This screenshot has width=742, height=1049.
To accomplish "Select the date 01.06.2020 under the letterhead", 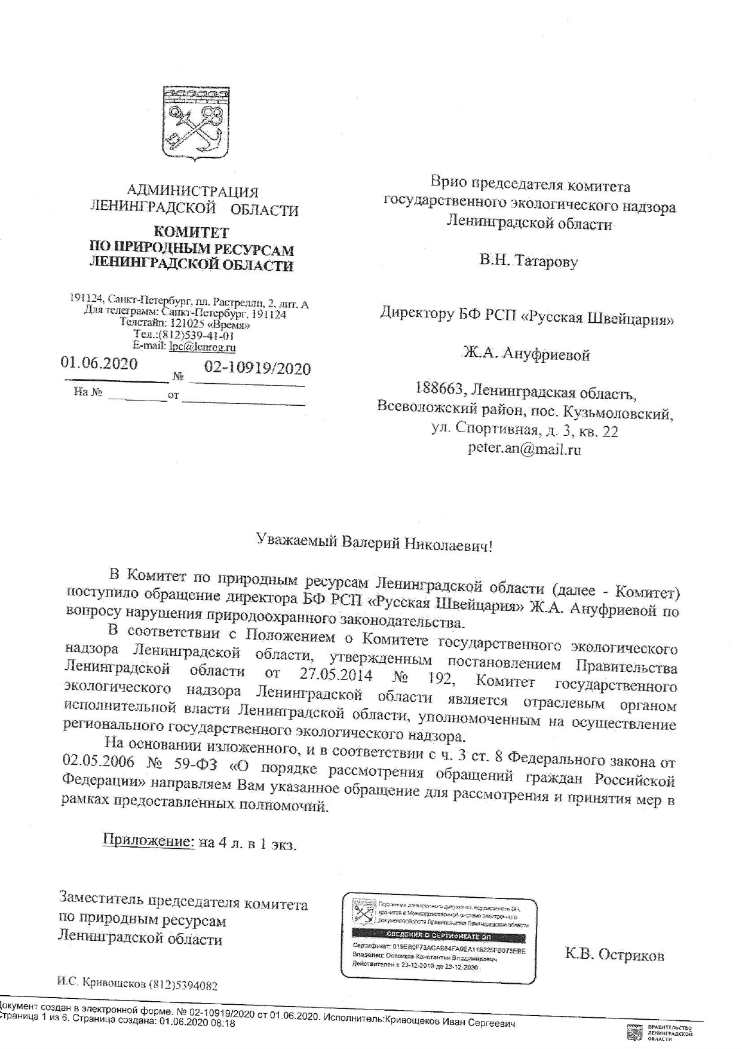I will (x=99, y=363).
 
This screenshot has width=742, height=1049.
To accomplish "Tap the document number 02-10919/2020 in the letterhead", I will (x=257, y=367).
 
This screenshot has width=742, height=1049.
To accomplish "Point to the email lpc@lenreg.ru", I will (x=203, y=346).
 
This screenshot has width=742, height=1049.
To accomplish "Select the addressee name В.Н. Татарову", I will (x=528, y=261).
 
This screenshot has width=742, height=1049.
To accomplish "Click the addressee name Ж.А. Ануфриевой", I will (x=526, y=354).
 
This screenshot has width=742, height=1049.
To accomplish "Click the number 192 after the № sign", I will (x=440, y=679).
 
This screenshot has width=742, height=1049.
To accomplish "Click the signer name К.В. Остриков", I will (x=614, y=955).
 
